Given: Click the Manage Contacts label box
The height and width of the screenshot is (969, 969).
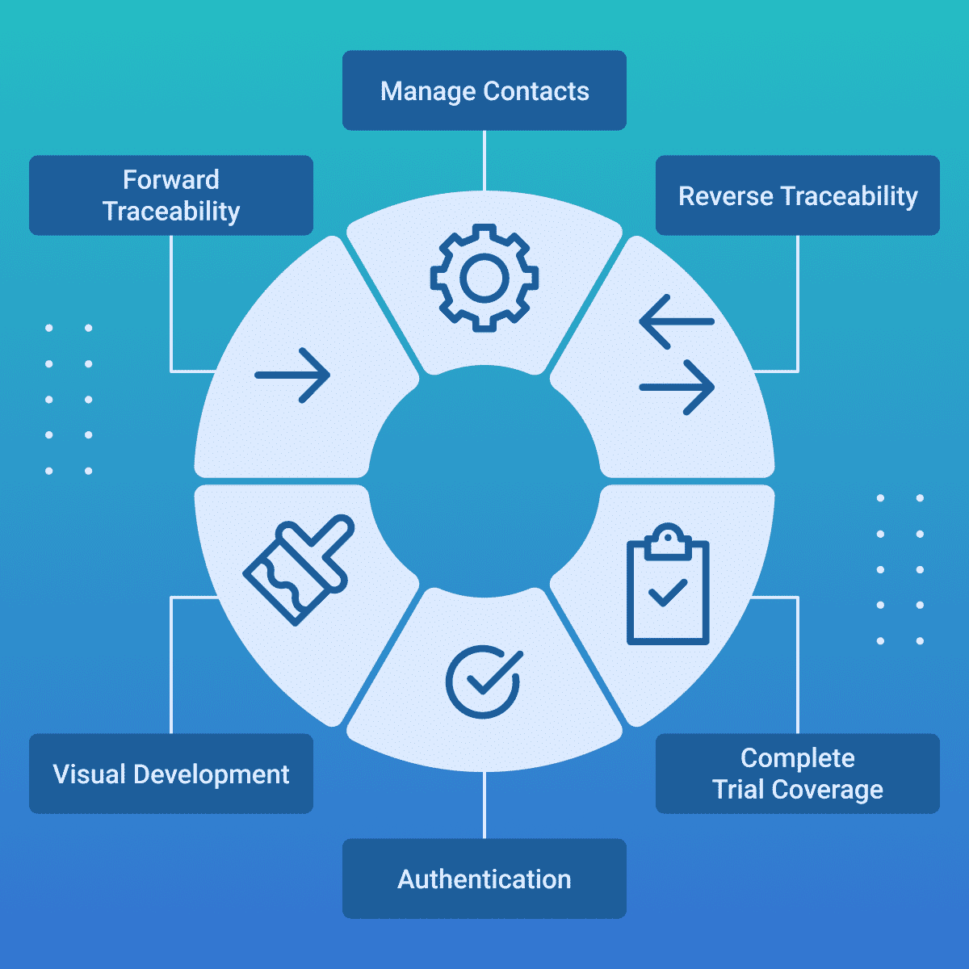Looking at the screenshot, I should [x=484, y=90].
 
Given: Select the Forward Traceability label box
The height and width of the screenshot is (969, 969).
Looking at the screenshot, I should [x=171, y=195].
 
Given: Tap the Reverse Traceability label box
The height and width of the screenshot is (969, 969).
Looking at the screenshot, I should [x=798, y=195].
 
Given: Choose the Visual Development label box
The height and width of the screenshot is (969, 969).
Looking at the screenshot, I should [x=171, y=774].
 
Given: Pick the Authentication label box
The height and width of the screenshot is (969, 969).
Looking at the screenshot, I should [x=484, y=879].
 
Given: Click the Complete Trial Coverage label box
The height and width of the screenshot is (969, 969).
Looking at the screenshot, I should [x=798, y=774].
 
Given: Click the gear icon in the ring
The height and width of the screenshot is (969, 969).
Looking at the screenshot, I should [x=484, y=278].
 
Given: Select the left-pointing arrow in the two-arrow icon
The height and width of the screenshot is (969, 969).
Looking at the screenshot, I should [x=675, y=321].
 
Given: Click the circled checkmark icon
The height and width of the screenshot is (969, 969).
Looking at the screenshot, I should [x=483, y=682].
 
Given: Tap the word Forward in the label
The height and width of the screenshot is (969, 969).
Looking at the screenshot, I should [x=171, y=179].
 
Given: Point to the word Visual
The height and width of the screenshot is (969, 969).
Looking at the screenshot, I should [x=90, y=774].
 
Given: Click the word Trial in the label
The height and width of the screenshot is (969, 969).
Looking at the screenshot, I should [x=738, y=789].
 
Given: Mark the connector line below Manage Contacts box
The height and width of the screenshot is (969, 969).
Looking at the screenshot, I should [x=484, y=160].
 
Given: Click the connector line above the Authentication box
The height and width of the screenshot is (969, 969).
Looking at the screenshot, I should [x=484, y=805].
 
